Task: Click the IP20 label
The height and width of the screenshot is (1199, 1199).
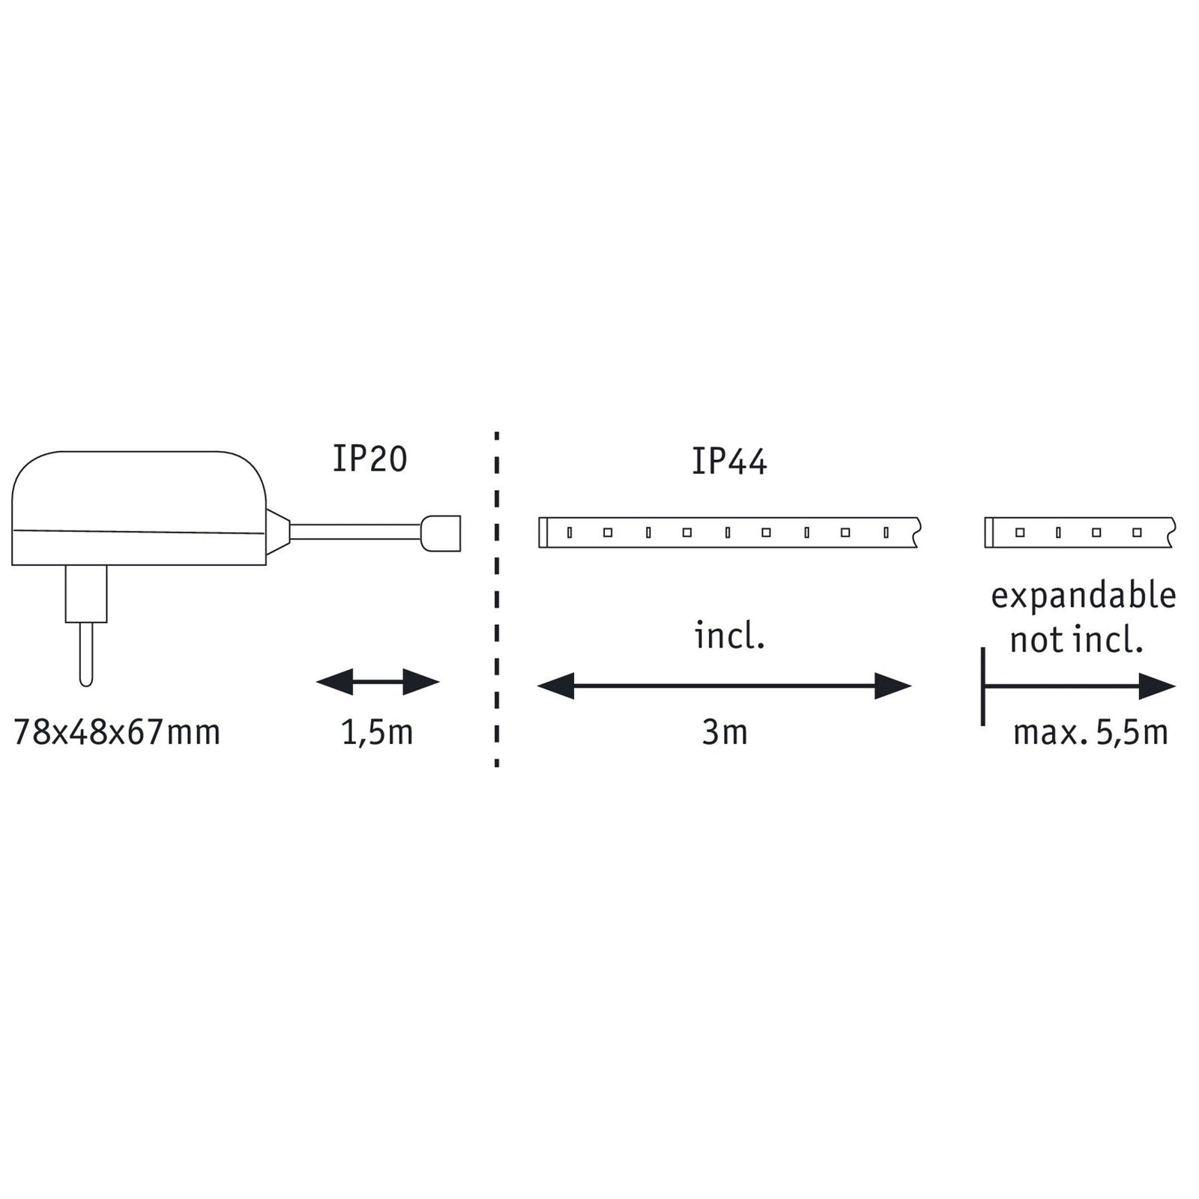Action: coord(369,459)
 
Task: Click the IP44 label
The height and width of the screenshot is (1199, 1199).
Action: coord(729,462)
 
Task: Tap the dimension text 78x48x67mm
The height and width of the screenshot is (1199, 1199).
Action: coord(118,732)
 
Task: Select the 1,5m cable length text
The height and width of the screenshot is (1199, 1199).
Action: coord(377,732)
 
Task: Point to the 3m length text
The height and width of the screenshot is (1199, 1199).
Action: coord(725,732)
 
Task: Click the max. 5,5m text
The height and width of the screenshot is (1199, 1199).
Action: coord(1090,732)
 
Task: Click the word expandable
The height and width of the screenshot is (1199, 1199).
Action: coord(1084,597)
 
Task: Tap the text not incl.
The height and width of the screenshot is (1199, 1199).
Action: coord(1076,641)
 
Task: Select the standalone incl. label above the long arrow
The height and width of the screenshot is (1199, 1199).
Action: coord(729,636)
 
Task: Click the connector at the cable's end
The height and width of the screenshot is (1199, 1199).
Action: coord(441,533)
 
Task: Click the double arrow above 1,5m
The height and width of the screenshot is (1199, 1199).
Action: coord(378,682)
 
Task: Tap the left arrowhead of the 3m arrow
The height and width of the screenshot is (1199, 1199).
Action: coord(556,686)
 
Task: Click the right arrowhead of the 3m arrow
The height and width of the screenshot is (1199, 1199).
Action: coord(893,686)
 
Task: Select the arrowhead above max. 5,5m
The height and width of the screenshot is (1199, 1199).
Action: coord(1157,686)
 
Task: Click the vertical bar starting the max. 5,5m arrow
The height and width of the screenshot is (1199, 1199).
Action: coord(982,686)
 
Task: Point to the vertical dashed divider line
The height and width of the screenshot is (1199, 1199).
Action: coord(497,599)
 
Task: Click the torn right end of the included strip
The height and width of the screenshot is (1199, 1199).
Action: coord(917,532)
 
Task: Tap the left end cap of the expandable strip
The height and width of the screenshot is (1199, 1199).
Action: coord(989,532)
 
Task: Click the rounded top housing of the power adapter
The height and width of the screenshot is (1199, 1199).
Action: coord(139,491)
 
